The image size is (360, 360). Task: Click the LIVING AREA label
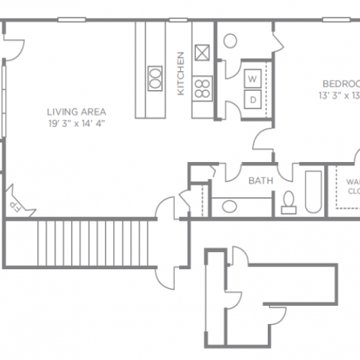point(76,112)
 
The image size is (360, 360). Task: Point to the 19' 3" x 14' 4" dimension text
point(76,123)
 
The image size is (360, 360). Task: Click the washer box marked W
point(253,78)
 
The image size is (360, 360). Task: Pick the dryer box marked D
point(253,99)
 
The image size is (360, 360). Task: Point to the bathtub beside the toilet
point(313,191)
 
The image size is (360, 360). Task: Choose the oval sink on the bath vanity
point(230,207)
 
